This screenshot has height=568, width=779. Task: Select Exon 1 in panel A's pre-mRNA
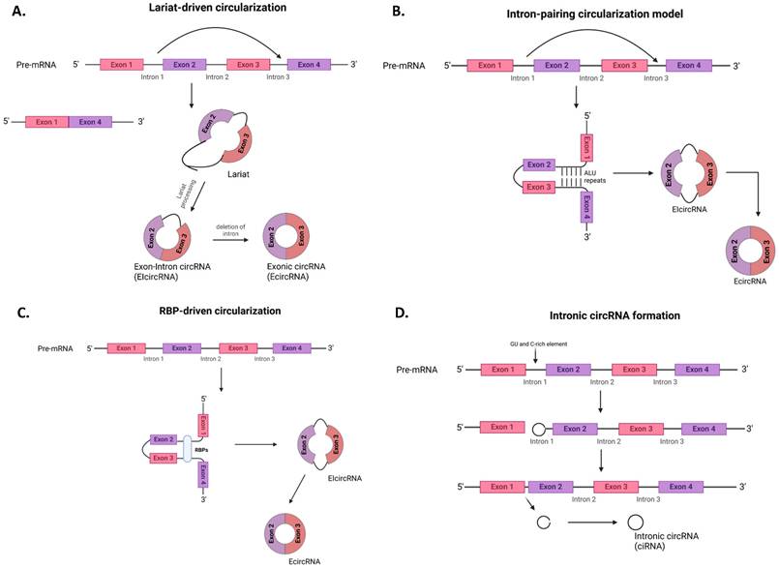[x=131, y=65]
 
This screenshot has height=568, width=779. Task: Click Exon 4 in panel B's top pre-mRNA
[x=690, y=66]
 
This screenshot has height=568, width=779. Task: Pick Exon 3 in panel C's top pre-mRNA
[x=239, y=347]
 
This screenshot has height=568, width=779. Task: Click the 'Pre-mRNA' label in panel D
[x=419, y=370]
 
